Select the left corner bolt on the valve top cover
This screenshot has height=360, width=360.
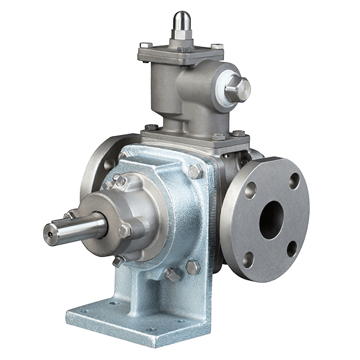click(x=145, y=45)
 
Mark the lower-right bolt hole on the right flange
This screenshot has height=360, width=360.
click(x=291, y=250)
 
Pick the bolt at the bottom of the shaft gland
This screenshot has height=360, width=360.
click(x=118, y=260)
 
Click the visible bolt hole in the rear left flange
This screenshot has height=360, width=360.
click(x=109, y=163)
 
